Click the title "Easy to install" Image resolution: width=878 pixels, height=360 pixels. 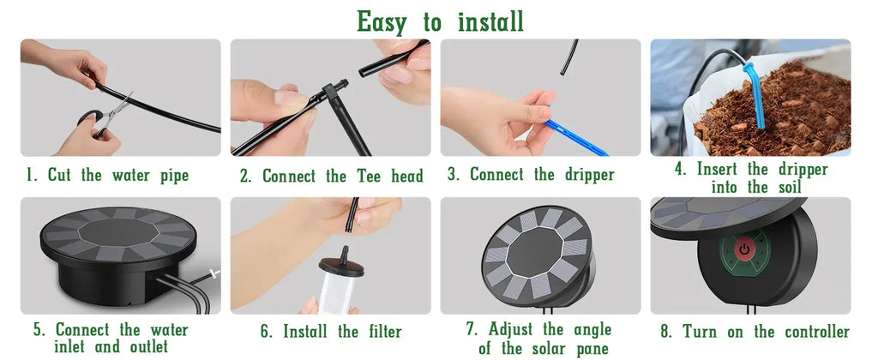point(440,21)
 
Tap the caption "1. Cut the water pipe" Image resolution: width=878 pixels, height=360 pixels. point(107,176)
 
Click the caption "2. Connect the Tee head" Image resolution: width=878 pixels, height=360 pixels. point(331,177)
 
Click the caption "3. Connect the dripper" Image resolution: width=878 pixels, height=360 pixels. point(531,175)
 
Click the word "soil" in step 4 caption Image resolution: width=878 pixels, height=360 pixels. point(787,187)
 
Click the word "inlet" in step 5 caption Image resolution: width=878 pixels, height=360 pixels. point(74,347)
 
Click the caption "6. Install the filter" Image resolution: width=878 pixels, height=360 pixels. point(331,332)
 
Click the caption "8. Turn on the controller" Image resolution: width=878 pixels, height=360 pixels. point(754,332)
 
